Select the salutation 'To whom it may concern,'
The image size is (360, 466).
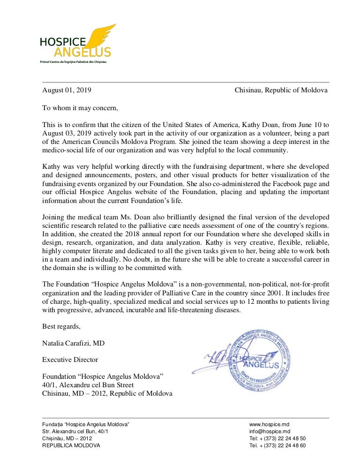pos(80,108)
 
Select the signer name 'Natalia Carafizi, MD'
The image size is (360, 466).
pos(74,343)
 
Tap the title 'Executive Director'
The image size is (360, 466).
pos(70,360)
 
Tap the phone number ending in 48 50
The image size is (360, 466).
pos(278,438)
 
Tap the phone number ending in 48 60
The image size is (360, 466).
pos(278,445)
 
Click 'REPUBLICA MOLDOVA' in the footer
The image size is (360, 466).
pos(71,445)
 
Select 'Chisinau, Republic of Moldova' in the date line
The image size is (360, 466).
pos(281,90)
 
